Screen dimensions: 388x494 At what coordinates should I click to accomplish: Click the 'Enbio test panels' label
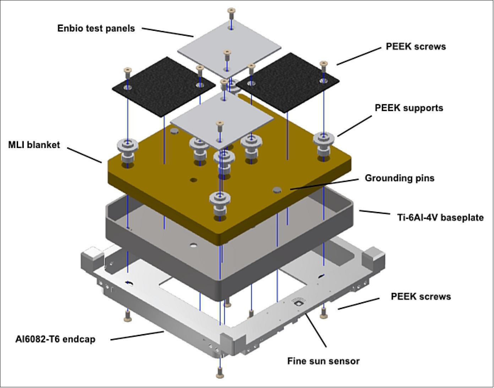[96, 28]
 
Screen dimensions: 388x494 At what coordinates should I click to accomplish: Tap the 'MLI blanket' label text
[34, 145]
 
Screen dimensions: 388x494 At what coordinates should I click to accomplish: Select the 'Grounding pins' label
[400, 177]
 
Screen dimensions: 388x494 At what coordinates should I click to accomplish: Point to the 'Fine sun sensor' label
[323, 361]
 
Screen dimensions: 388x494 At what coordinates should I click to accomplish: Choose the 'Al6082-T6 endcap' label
[55, 339]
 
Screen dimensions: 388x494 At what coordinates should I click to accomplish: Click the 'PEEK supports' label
[409, 108]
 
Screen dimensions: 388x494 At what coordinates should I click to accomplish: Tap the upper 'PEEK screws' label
[416, 47]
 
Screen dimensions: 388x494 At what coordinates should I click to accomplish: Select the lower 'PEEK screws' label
[420, 296]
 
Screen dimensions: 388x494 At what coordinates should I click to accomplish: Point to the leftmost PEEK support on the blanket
[127, 151]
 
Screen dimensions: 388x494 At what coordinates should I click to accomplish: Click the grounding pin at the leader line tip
[277, 191]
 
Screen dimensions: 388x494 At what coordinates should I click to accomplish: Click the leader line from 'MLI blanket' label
[85, 155]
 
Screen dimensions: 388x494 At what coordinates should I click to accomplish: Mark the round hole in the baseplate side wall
[193, 245]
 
